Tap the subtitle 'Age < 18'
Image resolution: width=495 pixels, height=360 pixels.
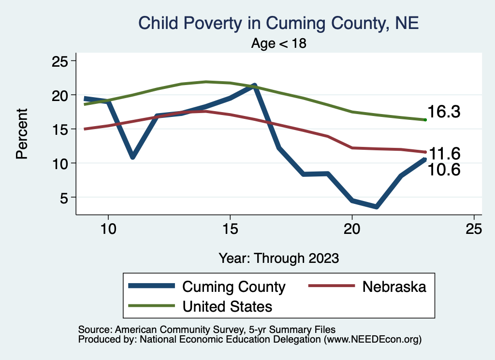(279, 43)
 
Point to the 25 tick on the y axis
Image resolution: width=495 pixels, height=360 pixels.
(61, 61)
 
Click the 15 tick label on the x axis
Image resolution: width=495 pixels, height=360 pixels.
(230, 229)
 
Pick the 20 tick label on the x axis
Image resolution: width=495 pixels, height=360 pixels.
(352, 229)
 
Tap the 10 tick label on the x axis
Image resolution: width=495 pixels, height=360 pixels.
(108, 229)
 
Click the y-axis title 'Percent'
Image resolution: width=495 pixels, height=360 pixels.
(21, 134)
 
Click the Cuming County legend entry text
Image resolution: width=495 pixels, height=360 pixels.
(233, 287)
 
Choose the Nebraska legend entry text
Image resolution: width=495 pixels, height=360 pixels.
(394, 287)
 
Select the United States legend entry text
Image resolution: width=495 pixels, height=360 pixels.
(227, 306)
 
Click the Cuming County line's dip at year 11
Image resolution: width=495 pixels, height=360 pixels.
(132, 156)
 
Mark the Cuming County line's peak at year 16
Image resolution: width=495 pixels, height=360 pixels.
(254, 86)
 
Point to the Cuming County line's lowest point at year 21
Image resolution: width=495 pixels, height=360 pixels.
(376, 206)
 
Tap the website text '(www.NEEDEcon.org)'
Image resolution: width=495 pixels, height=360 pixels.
(372, 340)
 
